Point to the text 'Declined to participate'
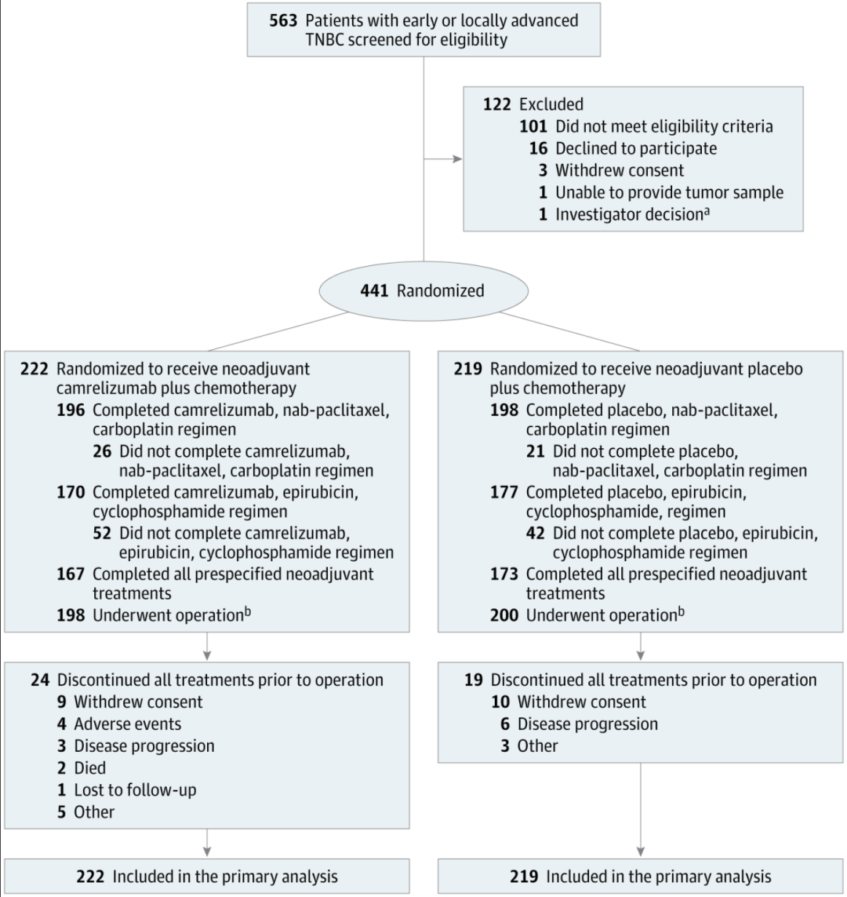pyautogui.click(x=635, y=148)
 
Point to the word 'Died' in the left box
pyautogui.click(x=91, y=768)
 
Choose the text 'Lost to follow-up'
pyautogui.click(x=135, y=789)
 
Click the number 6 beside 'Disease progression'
pyautogui.click(x=507, y=724)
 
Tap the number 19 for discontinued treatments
pyautogui.click(x=473, y=680)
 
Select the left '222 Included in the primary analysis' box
pyautogui.click(x=206, y=877)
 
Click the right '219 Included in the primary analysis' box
pyautogui.click(x=641, y=877)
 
